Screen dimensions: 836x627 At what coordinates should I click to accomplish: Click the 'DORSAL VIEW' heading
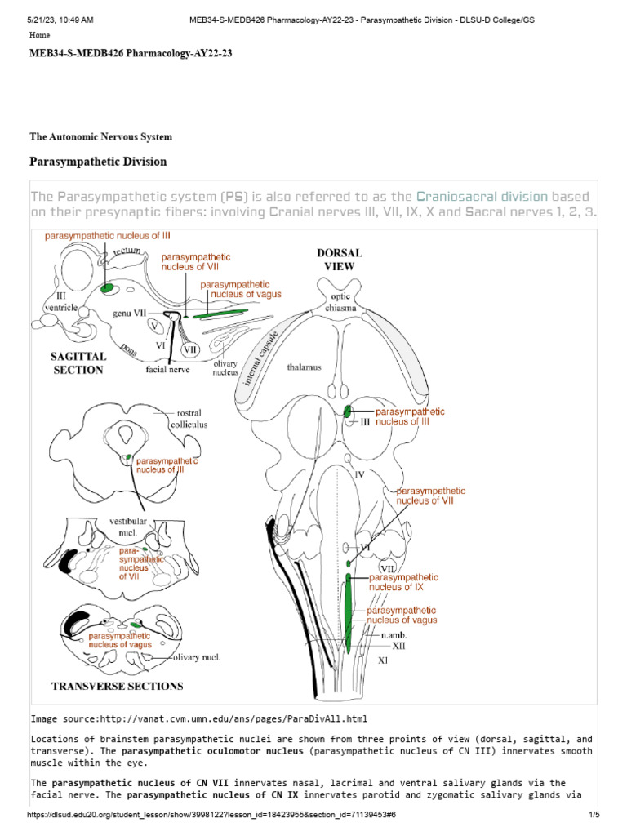[x=339, y=260]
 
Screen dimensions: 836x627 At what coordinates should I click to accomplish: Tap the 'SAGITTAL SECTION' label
[x=78, y=363]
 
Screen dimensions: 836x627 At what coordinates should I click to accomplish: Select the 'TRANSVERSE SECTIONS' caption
[x=118, y=685]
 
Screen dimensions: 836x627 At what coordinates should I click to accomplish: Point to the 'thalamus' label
[x=304, y=367]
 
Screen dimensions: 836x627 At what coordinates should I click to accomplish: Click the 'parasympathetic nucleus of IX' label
[x=396, y=581]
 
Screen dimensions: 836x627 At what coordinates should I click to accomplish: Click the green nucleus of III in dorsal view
[x=349, y=412]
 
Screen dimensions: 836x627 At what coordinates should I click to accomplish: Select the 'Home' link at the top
[x=39, y=36]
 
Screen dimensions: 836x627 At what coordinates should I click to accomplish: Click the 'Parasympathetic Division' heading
[x=98, y=162]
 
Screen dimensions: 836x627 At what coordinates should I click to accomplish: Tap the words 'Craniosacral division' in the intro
[x=482, y=197]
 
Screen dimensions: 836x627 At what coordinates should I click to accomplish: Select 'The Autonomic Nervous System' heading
[x=100, y=137]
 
